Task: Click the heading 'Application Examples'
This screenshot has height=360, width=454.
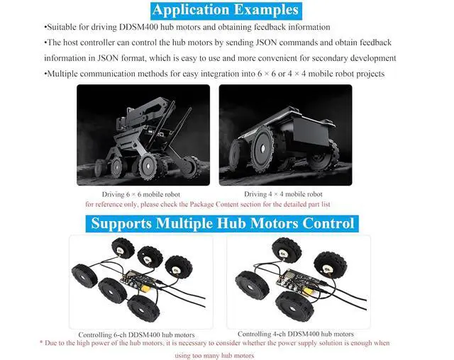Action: pyautogui.click(x=226, y=10)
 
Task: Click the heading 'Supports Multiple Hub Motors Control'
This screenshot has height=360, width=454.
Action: pyautogui.click(x=222, y=223)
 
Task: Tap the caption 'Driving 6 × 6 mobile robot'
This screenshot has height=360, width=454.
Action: pyautogui.click(x=141, y=194)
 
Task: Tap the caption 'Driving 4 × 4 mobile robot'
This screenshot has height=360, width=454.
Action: pyautogui.click(x=283, y=194)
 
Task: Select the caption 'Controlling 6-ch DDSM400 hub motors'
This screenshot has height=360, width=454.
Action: pyautogui.click(x=136, y=335)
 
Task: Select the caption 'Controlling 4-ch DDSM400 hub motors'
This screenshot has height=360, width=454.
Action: pyautogui.click(x=296, y=334)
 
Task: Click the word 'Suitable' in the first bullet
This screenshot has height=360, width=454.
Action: pyautogui.click(x=60, y=27)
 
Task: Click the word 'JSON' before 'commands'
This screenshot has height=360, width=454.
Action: pyautogui.click(x=267, y=43)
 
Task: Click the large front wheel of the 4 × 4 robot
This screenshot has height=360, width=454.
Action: pyautogui.click(x=262, y=149)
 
